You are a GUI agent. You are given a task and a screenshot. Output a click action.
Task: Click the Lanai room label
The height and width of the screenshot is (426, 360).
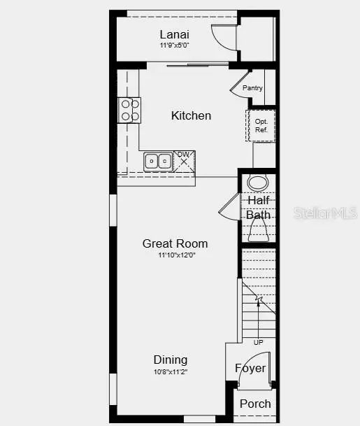174,34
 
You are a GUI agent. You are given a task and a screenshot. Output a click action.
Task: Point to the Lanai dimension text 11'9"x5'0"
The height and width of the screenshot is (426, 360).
174,45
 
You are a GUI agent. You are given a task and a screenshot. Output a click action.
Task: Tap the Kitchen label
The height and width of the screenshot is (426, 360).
191,115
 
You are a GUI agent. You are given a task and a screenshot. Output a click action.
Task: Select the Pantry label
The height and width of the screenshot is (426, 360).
252,88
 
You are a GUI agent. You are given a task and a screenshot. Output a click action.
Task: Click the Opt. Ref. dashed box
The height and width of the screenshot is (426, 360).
261,125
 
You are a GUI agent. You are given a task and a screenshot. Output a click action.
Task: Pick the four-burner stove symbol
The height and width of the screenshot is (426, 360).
129,110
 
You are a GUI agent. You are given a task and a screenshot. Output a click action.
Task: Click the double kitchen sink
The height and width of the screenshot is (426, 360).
159,162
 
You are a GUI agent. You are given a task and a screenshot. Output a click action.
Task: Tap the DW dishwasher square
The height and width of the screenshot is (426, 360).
184,160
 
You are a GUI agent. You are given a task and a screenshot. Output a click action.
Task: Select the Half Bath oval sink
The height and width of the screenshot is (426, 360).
259,183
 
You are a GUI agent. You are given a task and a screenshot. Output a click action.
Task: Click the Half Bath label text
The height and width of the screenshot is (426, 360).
258,208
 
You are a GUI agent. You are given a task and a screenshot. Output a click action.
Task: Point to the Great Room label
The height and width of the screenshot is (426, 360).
175,243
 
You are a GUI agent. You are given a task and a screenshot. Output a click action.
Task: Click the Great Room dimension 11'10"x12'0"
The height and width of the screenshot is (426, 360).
175,255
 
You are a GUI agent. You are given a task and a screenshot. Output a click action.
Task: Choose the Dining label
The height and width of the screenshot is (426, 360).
171,360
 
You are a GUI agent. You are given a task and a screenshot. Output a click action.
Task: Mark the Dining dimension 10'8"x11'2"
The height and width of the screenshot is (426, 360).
171,371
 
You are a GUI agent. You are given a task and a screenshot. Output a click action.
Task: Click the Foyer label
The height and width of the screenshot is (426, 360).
250,368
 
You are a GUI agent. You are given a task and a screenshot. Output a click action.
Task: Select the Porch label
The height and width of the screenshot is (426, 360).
255,404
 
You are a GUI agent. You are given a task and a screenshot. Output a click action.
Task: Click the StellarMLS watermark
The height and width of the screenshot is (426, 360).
326,212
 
